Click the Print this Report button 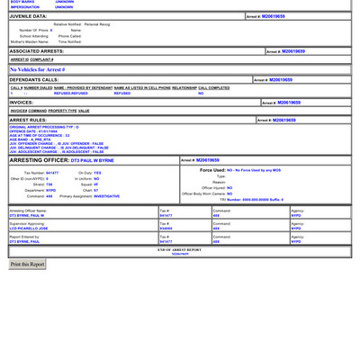[x=27, y=265]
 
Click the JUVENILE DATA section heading [x=28, y=16]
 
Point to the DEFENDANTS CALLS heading [x=34, y=80]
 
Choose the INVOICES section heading [x=22, y=103]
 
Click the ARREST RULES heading [x=28, y=120]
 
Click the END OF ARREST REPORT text [x=180, y=249]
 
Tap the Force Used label [x=212, y=169]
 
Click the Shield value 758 [x=49, y=184]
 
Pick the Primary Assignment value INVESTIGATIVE [x=106, y=195]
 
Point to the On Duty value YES [x=97, y=172]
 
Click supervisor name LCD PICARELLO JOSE [x=29, y=229]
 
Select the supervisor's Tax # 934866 [x=166, y=229]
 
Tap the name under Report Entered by [x=26, y=241]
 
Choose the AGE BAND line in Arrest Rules [x=31, y=139]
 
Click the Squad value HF [x=96, y=184]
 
